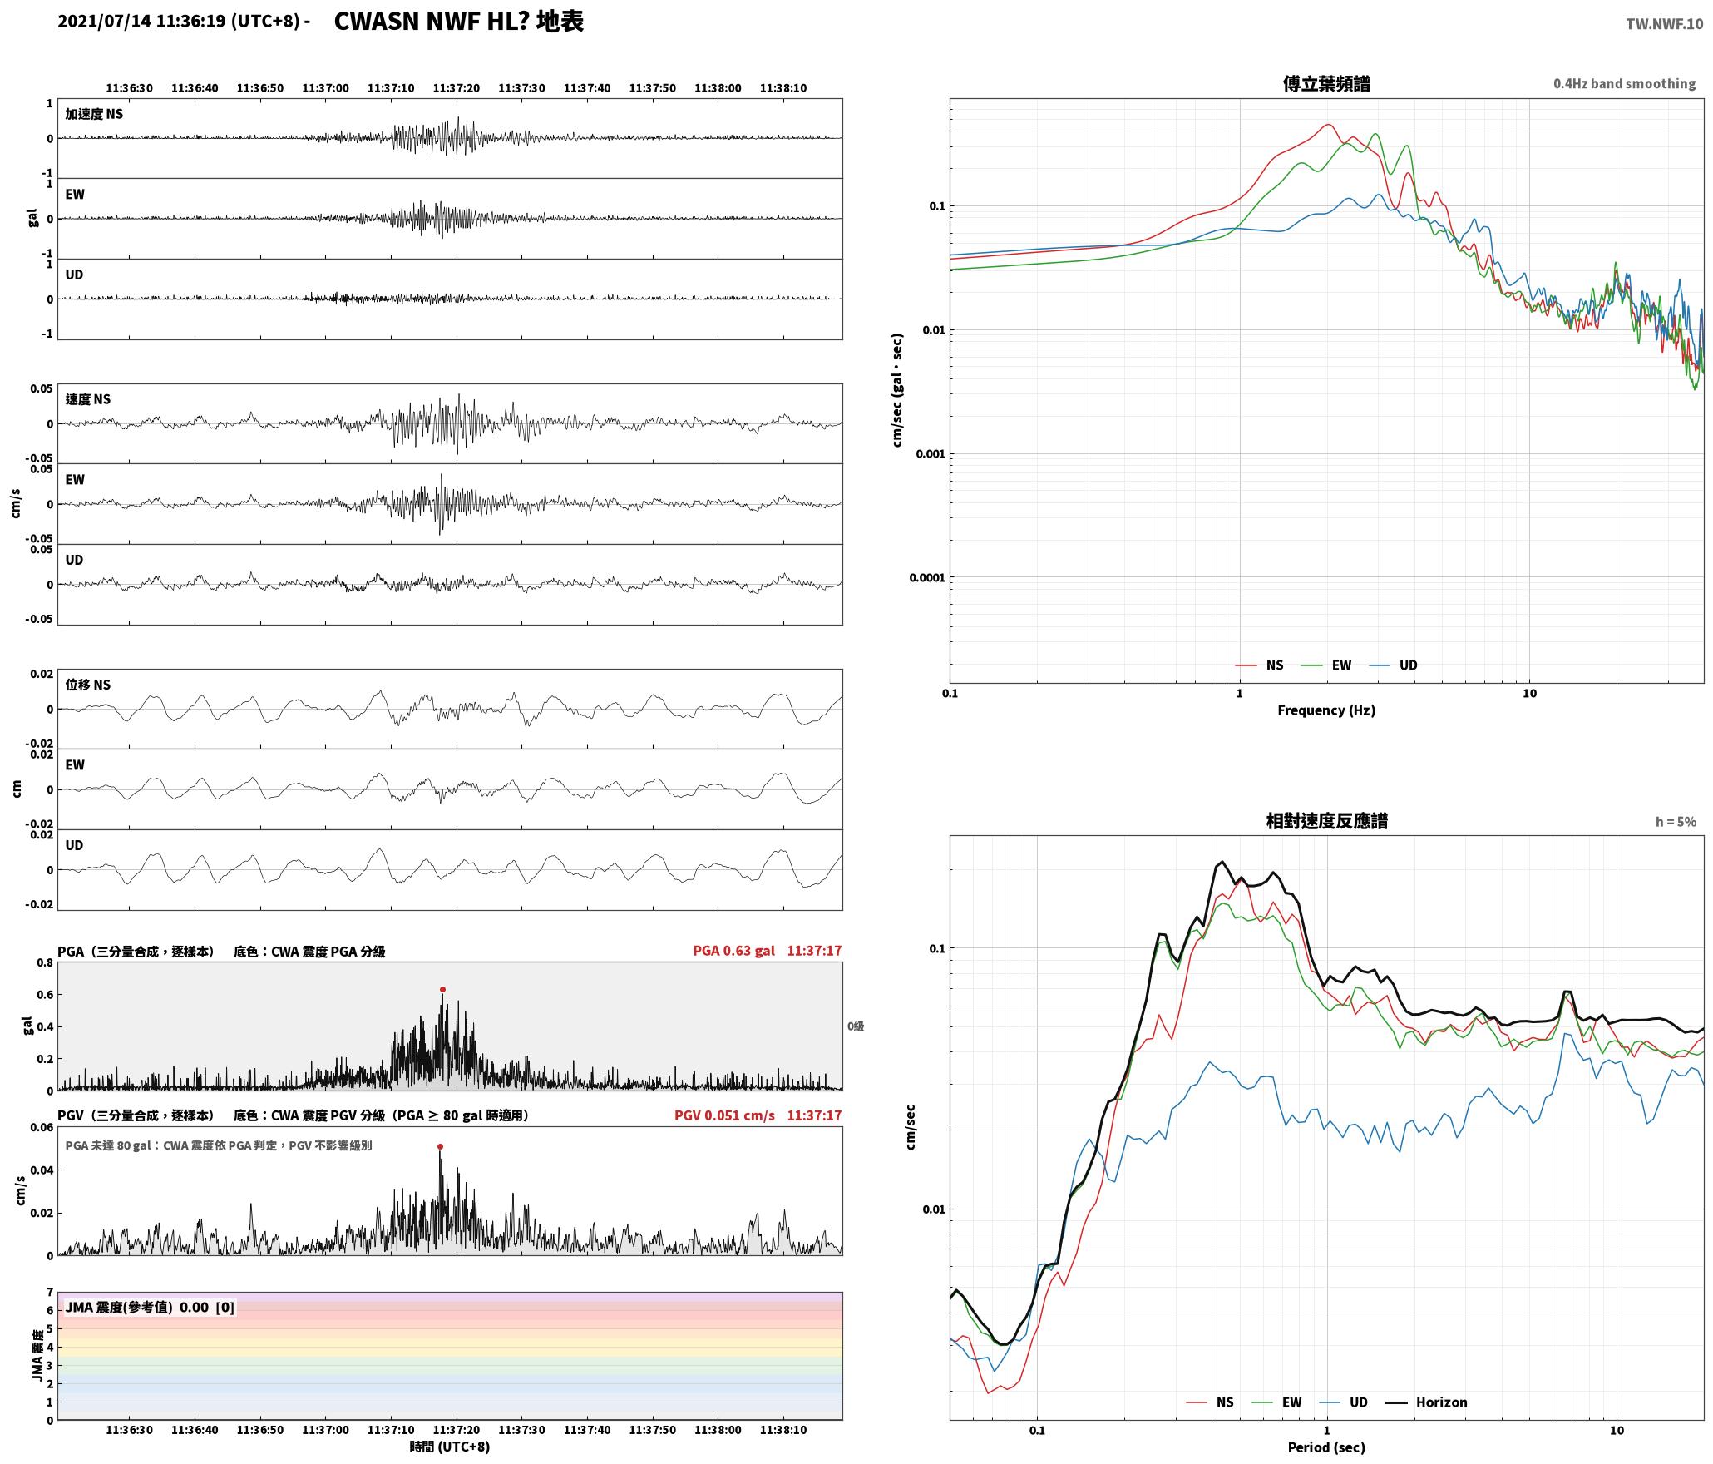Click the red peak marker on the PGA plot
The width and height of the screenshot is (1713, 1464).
pos(442,990)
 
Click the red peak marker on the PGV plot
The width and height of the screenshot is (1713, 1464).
pos(440,1147)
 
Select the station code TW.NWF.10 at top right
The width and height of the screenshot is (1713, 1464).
pos(1664,24)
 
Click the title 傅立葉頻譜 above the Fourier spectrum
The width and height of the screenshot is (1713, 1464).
pos(1326,84)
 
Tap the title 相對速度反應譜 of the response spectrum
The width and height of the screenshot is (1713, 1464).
pos(1326,821)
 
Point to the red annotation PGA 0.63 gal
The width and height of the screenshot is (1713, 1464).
pos(733,951)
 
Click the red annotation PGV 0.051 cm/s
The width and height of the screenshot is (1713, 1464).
pos(724,1115)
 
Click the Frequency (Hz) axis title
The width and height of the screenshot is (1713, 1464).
pos(1326,710)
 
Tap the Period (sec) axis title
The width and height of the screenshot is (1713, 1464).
pos(1326,1447)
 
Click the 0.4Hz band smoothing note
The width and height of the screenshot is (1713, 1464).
pos(1624,84)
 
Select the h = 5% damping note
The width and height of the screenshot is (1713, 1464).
pos(1676,822)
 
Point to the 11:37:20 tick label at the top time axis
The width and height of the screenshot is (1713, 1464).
pos(456,88)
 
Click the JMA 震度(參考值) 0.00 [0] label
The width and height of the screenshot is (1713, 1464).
pos(150,1308)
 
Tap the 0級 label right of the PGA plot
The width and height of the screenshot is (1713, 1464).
pos(856,1026)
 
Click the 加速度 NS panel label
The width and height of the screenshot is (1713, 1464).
pos(94,114)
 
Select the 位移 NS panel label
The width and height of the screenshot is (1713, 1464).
pos(87,685)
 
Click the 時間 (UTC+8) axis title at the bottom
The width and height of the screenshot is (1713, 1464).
pos(449,1447)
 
